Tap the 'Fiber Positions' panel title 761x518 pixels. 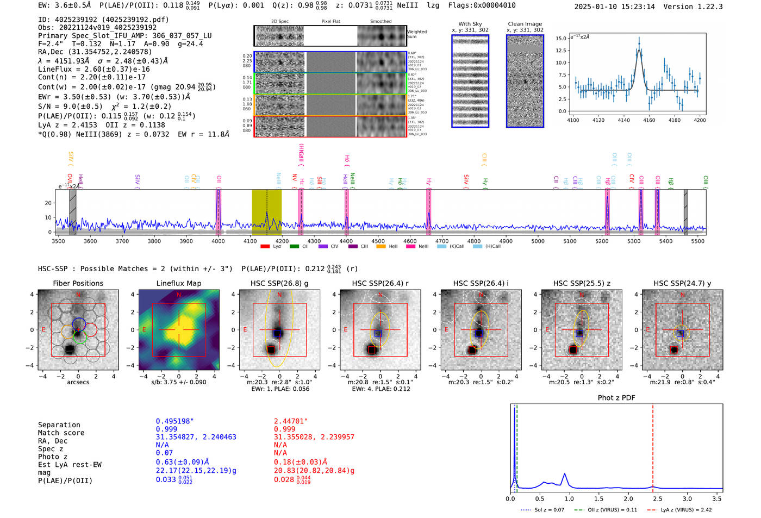tap(78, 283)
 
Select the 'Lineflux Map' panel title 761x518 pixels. tap(179, 283)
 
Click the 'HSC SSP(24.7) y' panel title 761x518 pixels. tap(682, 283)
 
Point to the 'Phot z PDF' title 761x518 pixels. tap(616, 398)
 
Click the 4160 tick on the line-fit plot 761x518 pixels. tap(649, 120)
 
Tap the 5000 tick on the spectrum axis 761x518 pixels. tap(538, 241)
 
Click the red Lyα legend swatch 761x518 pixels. tap(265, 246)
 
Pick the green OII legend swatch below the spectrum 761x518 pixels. tap(294, 246)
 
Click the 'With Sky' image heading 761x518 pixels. tap(470, 24)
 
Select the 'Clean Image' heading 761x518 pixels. tap(525, 24)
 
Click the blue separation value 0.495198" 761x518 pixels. tap(174, 421)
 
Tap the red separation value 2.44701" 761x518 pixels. tap(291, 421)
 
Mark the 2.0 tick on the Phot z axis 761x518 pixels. tap(628, 498)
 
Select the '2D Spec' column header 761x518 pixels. tap(279, 22)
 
